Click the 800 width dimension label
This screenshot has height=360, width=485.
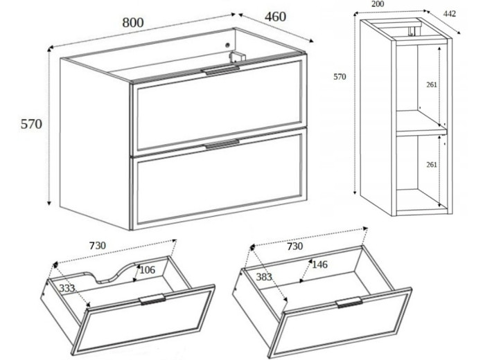[133, 23]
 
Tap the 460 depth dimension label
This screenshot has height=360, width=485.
[275, 17]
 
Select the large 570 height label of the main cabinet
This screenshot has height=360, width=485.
[31, 124]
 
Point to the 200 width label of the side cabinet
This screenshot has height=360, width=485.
[378, 3]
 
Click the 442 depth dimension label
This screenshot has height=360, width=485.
[450, 14]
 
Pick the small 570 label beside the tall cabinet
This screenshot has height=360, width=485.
[339, 77]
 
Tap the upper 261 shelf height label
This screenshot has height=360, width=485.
[432, 84]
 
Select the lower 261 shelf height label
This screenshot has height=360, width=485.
[432, 164]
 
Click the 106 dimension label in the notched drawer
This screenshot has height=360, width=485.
[147, 270]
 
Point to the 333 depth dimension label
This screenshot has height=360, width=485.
[67, 288]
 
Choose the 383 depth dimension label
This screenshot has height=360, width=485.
[264, 277]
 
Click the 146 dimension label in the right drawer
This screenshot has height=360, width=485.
[319, 264]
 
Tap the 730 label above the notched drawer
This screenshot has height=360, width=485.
[98, 246]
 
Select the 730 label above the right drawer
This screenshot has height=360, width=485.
[294, 246]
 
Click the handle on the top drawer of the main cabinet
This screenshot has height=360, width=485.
[220, 70]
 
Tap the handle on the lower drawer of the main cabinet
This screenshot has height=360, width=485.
[222, 144]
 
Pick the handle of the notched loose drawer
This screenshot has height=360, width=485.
[152, 299]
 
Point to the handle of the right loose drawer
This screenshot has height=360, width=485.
[349, 302]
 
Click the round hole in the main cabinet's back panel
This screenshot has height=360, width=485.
[228, 45]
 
